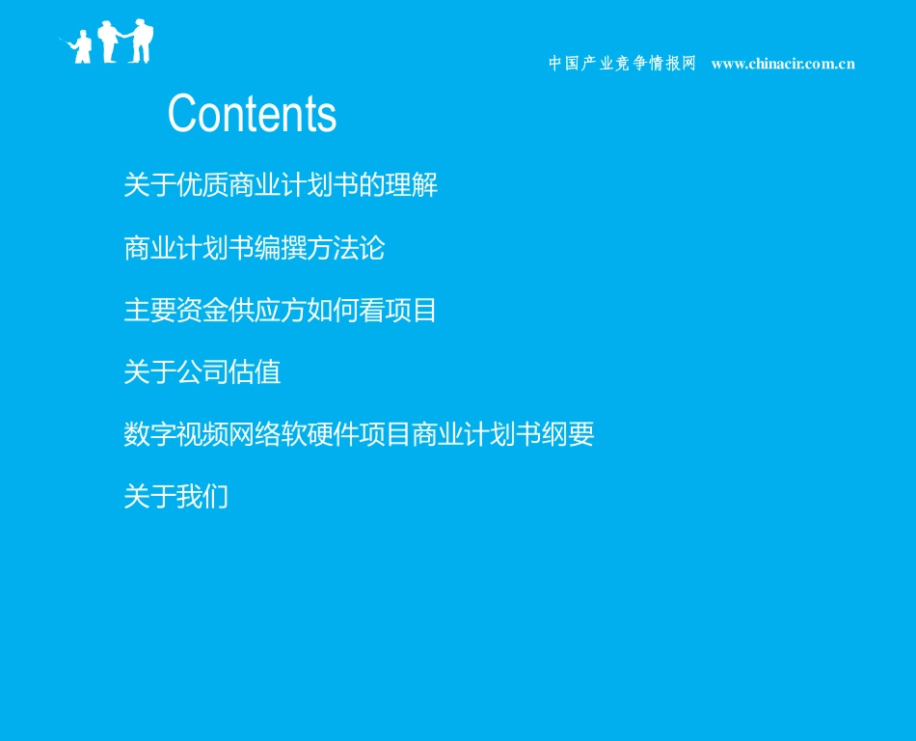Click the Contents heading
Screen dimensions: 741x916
coord(252,114)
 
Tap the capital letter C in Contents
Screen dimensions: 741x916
coord(183,114)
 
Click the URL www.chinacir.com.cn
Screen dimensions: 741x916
coord(783,64)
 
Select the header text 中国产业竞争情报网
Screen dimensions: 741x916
coord(622,64)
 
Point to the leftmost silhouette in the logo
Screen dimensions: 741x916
coord(82,47)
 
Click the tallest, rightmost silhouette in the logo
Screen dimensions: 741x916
coord(142,41)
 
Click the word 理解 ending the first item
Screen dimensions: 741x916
coord(412,185)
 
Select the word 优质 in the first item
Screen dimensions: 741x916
coord(202,185)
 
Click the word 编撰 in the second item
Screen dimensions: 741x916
coord(281,248)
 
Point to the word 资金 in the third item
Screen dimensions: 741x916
coord(202,311)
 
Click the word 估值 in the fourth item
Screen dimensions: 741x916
coord(255,372)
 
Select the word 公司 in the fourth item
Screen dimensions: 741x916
coord(202,372)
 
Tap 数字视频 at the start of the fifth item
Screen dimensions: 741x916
coord(175,435)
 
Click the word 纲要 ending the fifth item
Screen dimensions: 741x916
coord(568,435)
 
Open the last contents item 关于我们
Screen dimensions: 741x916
coord(175,497)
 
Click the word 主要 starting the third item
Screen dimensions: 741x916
coord(149,311)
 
